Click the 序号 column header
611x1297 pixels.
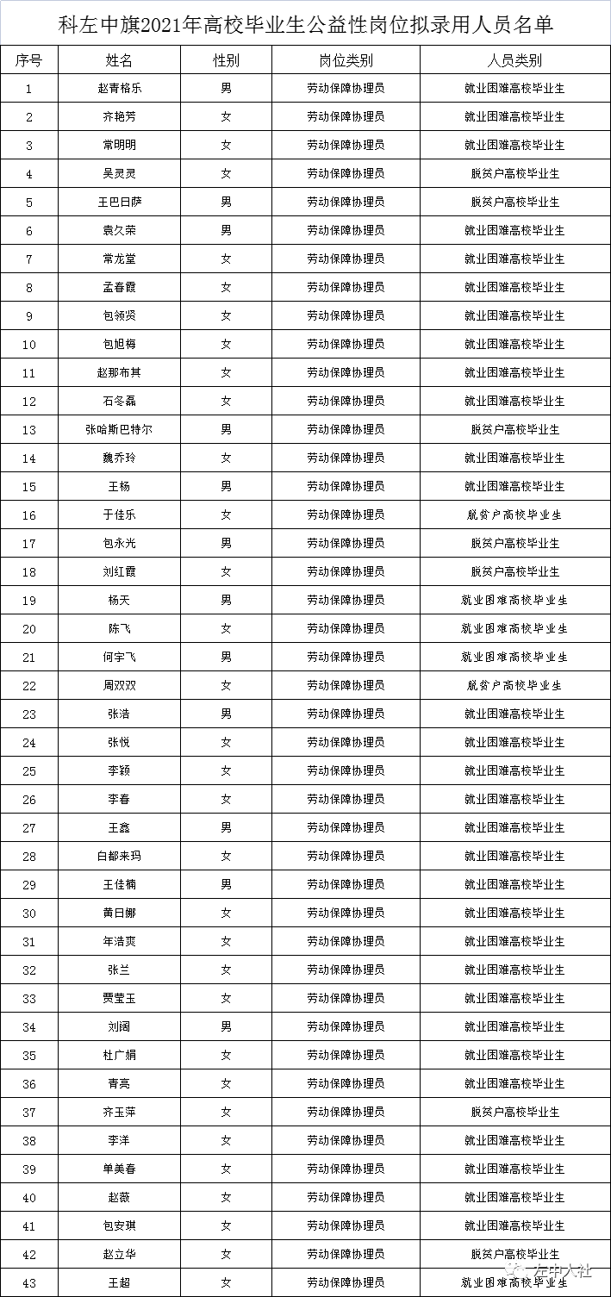29,60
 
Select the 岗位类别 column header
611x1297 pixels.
346,60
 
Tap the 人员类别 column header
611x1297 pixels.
514,60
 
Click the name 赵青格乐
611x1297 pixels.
119,88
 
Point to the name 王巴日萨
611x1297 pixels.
119,202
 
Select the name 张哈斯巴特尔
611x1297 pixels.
119,429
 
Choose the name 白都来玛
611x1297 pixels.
119,856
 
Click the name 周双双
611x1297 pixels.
119,685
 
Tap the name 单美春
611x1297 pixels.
119,1169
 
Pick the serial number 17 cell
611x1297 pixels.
29,543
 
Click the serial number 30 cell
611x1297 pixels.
29,913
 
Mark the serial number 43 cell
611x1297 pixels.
29,1282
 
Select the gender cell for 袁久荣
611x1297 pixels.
226,230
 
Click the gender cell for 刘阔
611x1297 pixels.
226,1026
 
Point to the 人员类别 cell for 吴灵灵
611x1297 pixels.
514,173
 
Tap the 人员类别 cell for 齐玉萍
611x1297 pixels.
514,1112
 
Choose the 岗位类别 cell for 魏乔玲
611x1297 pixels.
346,458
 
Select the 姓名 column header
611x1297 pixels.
119,60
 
